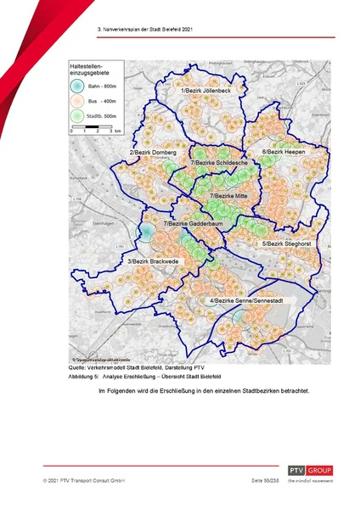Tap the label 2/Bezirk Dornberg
pos(152,152)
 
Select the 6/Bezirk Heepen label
pos(283,152)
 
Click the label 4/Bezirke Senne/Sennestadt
pos(247,300)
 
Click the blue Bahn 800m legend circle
pos(77,87)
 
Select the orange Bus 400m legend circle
pos(77,100)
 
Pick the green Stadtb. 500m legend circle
pos(77,114)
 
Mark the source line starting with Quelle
pos(129,367)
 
